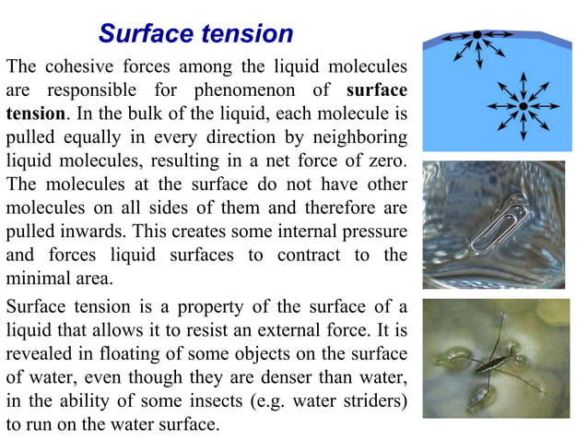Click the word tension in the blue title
click(244, 34)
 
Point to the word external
click(300, 330)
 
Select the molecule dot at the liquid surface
click(476, 36)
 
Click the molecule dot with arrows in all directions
click(522, 107)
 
